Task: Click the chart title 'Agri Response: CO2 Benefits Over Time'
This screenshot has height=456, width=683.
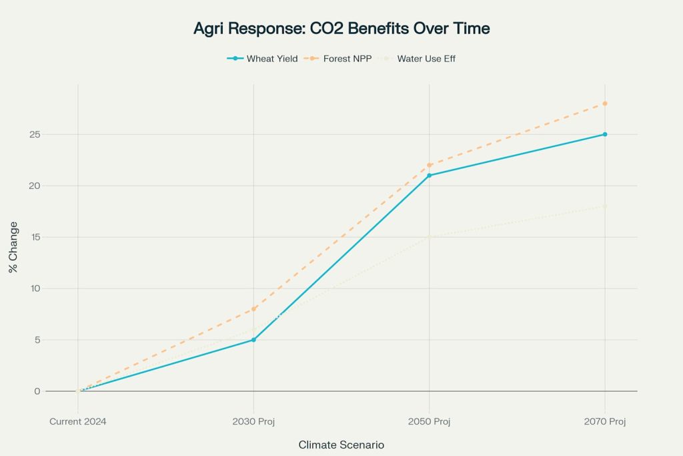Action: click(x=341, y=28)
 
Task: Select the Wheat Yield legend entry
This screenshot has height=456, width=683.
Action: click(x=262, y=58)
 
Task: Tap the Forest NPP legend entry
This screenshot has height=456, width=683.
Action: click(x=337, y=58)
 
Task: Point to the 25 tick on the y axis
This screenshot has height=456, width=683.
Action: click(x=35, y=135)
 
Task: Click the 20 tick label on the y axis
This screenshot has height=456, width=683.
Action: click(x=35, y=186)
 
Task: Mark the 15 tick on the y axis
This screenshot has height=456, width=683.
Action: click(x=35, y=237)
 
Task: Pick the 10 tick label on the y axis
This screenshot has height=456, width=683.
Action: click(x=35, y=288)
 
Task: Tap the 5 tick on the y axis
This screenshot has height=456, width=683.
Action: click(x=37, y=340)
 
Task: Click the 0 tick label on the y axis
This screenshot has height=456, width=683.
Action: click(x=37, y=391)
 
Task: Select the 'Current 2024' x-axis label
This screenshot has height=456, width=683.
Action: click(x=78, y=421)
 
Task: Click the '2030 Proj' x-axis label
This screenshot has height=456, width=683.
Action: click(x=253, y=421)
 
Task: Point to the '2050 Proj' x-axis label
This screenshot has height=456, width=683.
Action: click(x=429, y=421)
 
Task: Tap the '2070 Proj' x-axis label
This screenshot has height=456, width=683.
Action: click(x=604, y=421)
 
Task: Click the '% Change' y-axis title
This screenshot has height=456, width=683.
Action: click(x=13, y=247)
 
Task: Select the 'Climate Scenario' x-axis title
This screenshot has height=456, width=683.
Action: click(x=341, y=445)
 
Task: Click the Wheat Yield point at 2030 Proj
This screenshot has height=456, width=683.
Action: click(x=253, y=340)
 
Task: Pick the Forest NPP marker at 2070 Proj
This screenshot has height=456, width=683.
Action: click(x=604, y=103)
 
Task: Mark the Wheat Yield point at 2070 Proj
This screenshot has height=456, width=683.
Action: click(x=604, y=135)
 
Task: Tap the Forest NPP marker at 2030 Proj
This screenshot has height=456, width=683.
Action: click(x=253, y=309)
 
